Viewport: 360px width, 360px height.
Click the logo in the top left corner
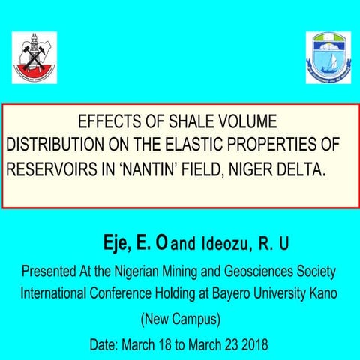35,58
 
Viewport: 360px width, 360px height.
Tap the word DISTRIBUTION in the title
53,145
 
